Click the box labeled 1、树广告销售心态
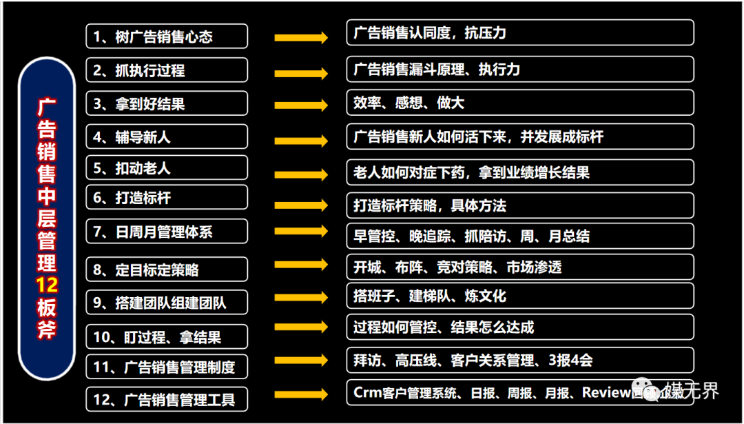[167, 36]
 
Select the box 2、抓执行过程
[167, 70]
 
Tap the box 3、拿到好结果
[167, 103]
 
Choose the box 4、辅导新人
[167, 137]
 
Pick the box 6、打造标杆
[167, 197]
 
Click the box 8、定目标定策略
[167, 269]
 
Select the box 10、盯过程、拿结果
[167, 336]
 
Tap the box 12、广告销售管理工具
[167, 398]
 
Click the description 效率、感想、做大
[519, 103]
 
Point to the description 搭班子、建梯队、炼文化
[519, 296]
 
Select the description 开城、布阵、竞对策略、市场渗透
[519, 266]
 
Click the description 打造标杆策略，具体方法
[519, 205]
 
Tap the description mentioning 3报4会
[519, 360]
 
